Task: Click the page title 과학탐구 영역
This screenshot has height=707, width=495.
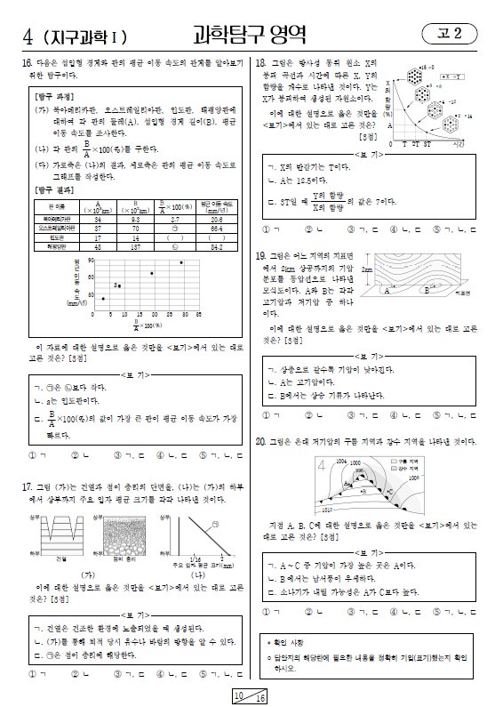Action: pos(250,36)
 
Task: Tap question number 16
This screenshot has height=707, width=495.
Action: pos(27,63)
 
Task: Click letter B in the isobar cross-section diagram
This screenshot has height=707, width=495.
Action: pos(427,289)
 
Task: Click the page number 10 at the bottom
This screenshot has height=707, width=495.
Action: pos(240,695)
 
